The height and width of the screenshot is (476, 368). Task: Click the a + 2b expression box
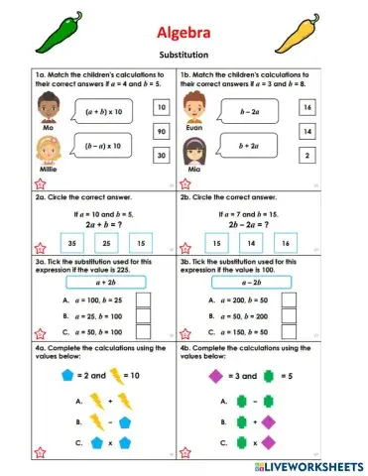coord(96,283)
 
